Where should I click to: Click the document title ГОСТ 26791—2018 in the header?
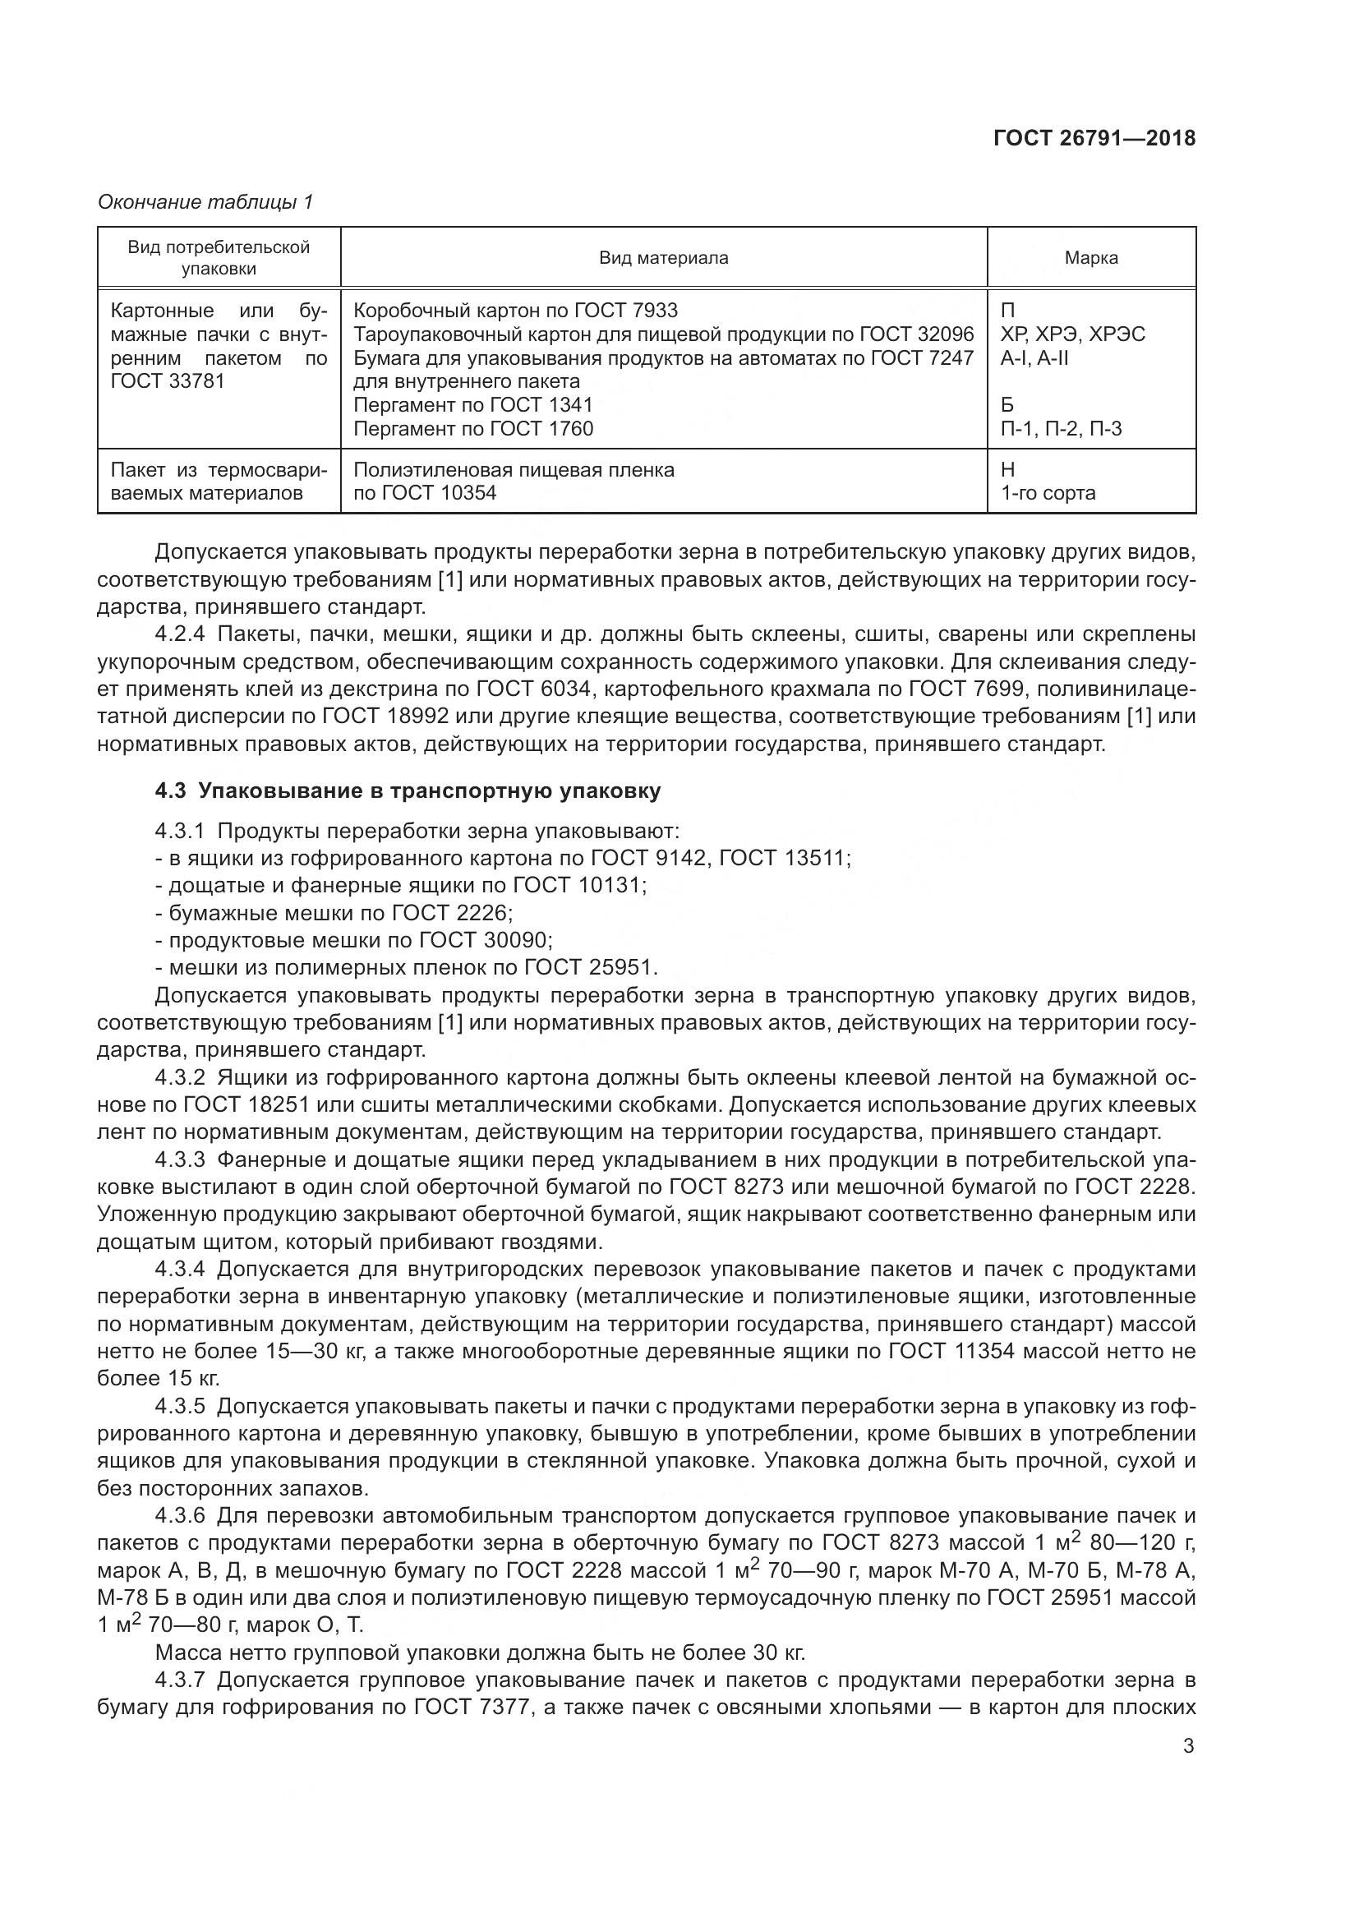1094,138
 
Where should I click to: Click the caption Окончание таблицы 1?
205,202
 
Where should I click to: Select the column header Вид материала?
664,258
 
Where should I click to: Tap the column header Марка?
1090,258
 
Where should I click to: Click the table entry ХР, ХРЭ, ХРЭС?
1072,334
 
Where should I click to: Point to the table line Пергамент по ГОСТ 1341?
472,405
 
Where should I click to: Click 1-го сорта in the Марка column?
1048,492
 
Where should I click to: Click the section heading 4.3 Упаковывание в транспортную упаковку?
408,790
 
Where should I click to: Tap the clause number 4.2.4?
180,634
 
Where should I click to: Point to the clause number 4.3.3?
180,1160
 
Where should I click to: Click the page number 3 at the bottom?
1188,1745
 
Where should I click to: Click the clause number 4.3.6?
180,1515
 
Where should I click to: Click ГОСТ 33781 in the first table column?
168,382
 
